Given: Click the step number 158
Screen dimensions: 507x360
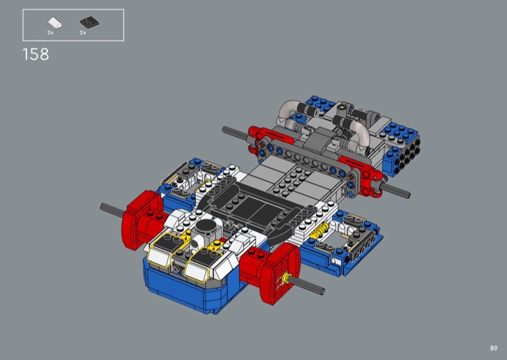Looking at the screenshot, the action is (x=35, y=55).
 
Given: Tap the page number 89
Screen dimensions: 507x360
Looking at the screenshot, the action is (x=494, y=349).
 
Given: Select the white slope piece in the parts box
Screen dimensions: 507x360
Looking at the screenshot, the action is (x=55, y=23).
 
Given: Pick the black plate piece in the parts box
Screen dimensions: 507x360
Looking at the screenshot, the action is (x=89, y=22).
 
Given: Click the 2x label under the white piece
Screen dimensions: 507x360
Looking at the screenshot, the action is (x=51, y=33).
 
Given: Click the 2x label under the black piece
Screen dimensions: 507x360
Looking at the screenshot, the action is (x=83, y=33).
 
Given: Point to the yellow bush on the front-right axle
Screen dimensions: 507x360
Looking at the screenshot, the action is (x=285, y=278).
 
